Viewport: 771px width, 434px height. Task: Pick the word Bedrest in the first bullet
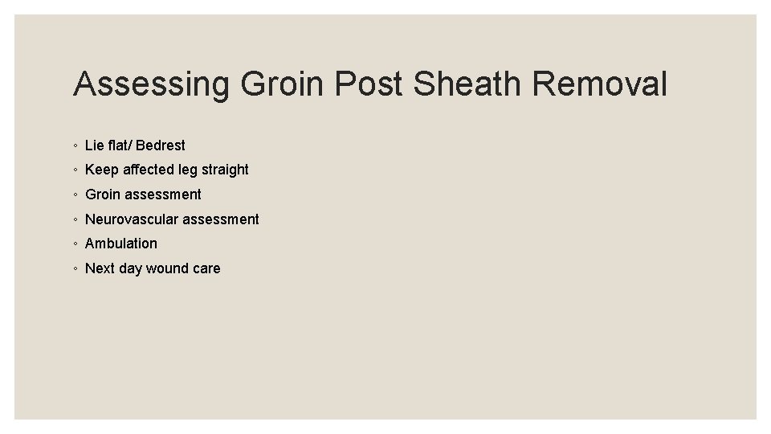pos(161,145)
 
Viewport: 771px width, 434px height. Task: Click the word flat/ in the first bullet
pos(120,145)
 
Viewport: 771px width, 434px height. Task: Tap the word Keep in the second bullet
pos(102,170)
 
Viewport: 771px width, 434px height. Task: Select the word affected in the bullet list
pos(149,170)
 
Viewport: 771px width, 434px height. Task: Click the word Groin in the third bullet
pos(103,194)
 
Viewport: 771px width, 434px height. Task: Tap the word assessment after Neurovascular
pos(221,219)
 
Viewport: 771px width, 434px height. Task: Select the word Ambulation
pos(121,244)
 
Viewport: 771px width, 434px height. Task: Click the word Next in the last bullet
pos(100,268)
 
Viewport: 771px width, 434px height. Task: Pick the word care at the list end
pos(206,268)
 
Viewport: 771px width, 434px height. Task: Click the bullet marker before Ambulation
pos(74,244)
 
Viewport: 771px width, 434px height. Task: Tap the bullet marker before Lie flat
pos(74,146)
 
